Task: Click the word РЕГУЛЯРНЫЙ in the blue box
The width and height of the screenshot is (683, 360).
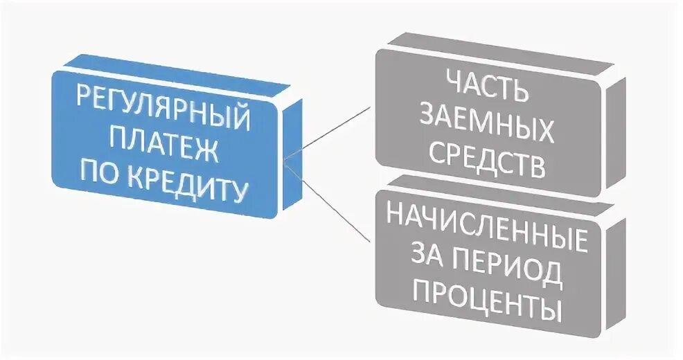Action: point(163,110)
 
